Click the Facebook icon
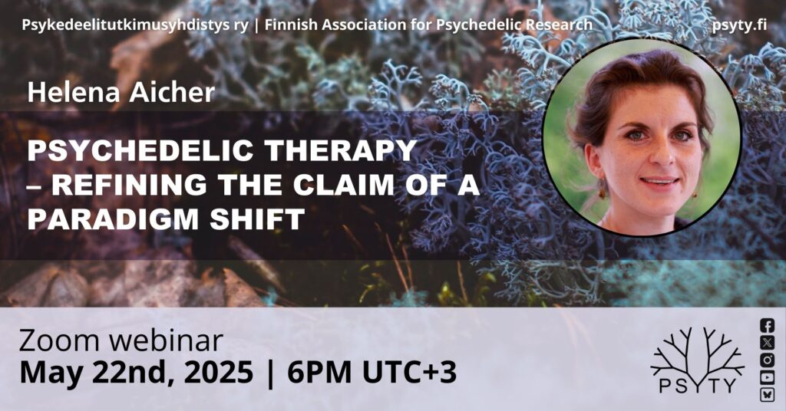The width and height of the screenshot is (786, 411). [767, 325]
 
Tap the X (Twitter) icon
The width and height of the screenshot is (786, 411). [767, 343]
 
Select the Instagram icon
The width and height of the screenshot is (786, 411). [767, 360]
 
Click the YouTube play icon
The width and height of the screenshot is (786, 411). [767, 377]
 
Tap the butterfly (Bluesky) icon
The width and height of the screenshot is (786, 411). [767, 394]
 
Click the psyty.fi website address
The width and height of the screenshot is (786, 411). [739, 25]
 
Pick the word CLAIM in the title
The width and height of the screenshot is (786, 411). [344, 185]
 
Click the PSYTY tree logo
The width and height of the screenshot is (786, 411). [697, 360]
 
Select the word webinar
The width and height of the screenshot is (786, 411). [166, 341]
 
